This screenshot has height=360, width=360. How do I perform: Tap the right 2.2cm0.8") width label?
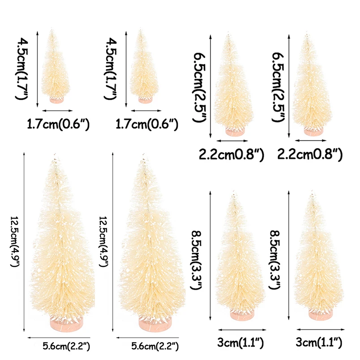pos(310,154)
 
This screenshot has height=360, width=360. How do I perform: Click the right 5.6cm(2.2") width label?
pos(155,346)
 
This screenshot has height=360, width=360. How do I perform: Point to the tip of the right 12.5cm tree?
pos(145,157)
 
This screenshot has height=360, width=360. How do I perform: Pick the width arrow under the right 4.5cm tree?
pos(145,110)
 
